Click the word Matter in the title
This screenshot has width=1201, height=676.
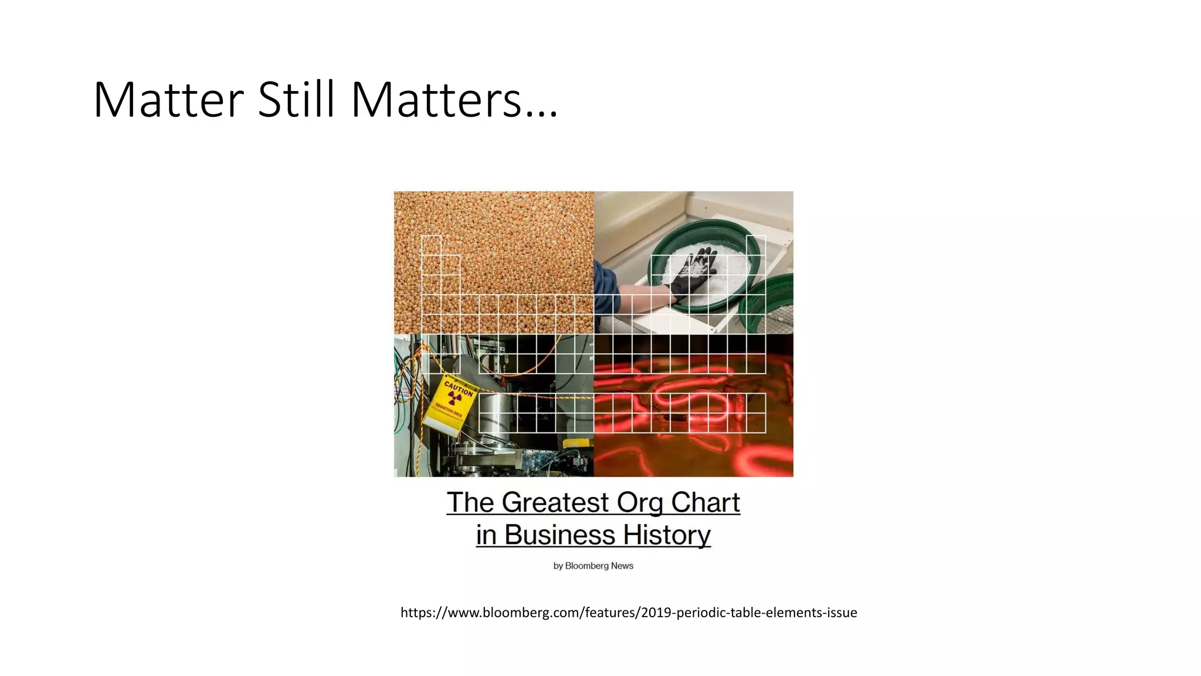(x=168, y=100)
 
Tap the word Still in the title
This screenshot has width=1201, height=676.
(x=296, y=100)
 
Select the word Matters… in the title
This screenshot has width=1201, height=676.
(x=454, y=100)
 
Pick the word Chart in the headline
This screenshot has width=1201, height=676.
(x=705, y=503)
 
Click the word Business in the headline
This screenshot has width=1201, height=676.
(x=559, y=535)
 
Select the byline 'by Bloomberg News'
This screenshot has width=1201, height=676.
(x=593, y=566)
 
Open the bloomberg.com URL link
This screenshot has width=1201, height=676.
(x=629, y=613)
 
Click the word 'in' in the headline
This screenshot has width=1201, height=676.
(x=486, y=535)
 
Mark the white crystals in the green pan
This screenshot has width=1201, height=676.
(x=721, y=288)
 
